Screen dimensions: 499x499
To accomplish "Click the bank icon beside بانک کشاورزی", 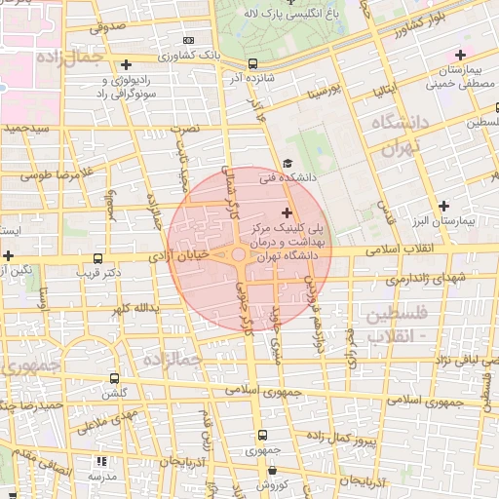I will click(188, 42).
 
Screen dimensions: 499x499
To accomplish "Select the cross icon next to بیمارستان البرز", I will click(444, 206).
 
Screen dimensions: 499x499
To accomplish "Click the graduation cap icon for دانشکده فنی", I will click(287, 164).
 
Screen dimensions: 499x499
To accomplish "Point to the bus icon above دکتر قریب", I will click(96, 259).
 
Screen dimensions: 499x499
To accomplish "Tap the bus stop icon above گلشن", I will click(115, 378).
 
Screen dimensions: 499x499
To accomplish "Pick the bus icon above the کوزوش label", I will click(261, 470).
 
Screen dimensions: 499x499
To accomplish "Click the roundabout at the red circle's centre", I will click(240, 256).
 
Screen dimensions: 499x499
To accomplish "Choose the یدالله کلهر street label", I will click(132, 308).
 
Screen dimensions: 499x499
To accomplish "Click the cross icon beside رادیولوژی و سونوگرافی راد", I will click(126, 64).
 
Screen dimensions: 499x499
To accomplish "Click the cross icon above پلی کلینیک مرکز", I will click(287, 212).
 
